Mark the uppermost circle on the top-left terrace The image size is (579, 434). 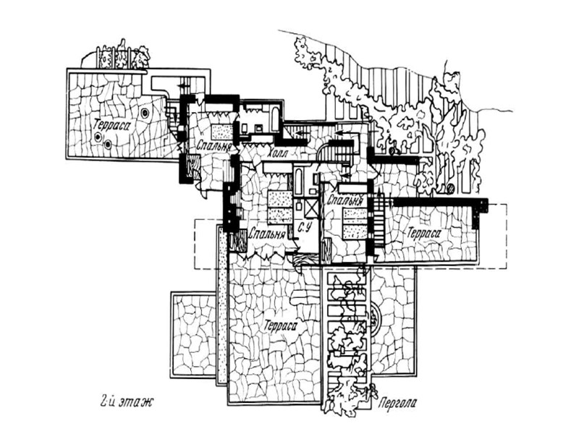146,113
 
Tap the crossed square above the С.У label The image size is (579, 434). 309,208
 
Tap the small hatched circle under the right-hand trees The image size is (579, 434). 449,190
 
